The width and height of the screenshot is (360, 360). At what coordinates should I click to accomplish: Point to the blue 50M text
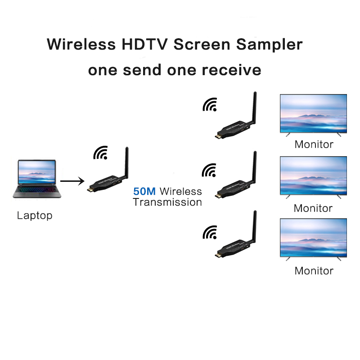tap(144, 192)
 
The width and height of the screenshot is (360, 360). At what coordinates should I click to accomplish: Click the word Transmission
tap(167, 202)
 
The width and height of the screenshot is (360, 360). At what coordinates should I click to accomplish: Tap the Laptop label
tap(35, 216)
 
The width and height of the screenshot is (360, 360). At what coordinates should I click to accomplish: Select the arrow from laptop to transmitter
tap(72, 181)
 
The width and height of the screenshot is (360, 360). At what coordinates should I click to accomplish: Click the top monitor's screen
tap(313, 113)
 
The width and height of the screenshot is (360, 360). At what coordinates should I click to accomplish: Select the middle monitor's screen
tap(313, 175)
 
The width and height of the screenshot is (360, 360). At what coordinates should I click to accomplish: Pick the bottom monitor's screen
tap(313, 238)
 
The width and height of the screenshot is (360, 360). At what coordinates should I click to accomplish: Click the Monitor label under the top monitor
tap(314, 144)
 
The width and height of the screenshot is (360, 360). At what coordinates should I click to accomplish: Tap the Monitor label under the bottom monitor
tap(314, 270)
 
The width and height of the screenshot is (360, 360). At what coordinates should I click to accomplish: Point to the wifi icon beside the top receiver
tap(209, 105)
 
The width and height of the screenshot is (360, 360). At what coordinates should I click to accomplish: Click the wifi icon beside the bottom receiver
tap(209, 233)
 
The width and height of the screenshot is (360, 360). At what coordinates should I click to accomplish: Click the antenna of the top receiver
tap(253, 106)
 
